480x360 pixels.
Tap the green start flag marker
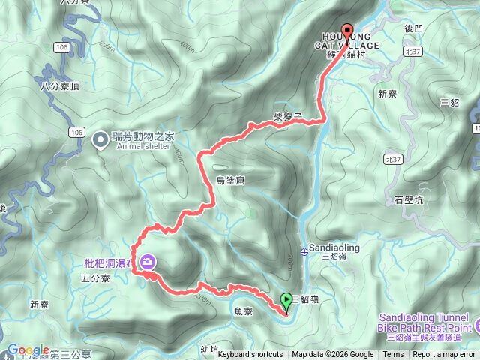click(286, 301)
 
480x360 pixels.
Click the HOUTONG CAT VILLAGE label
click(350, 41)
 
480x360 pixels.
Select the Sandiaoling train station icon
click(304, 252)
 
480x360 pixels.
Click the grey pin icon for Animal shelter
click(99, 140)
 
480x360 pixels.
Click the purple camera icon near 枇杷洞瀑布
click(148, 262)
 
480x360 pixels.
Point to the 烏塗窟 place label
click(231, 181)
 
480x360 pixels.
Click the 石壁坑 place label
click(409, 200)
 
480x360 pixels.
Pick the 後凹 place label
click(415, 28)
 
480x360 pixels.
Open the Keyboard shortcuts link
click(250, 355)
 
